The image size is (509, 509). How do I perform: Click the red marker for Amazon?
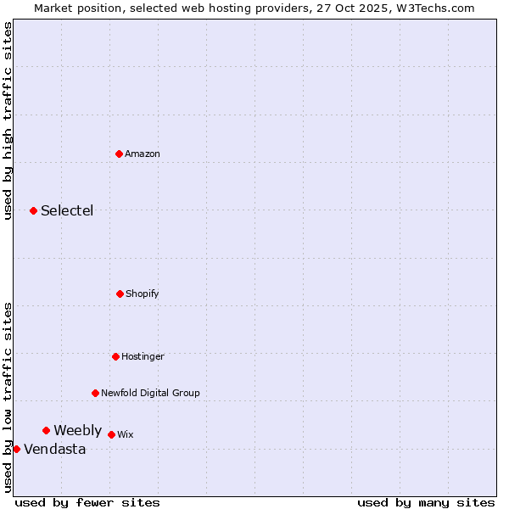119,154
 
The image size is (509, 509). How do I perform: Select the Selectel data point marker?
33,210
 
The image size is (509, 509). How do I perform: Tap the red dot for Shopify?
120,294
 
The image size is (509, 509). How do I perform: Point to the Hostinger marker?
115,356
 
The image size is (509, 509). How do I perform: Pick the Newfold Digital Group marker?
95,393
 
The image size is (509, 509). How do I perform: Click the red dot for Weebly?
46,430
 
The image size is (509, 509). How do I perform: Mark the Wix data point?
111,434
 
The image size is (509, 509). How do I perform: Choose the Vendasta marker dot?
16,449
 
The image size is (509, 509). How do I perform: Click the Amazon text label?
143,154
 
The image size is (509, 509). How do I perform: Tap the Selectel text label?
67,210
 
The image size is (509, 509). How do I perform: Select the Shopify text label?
143,294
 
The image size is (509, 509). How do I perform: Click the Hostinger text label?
143,356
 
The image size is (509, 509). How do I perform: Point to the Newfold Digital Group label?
150,393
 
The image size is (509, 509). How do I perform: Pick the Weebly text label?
77,430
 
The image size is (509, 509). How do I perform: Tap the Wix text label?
126,434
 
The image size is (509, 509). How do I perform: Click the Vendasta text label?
54,449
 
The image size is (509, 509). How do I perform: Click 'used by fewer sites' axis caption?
87,502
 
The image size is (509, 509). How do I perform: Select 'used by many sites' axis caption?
426,502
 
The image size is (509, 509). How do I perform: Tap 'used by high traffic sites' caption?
8,120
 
